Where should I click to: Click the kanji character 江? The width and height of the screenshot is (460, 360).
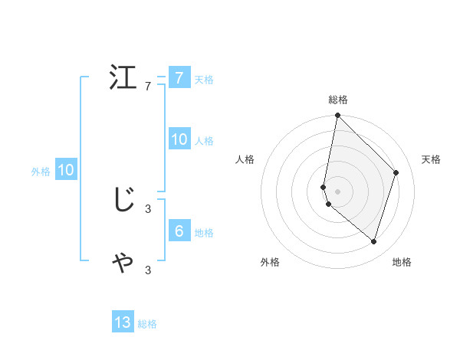pyautogui.click(x=123, y=78)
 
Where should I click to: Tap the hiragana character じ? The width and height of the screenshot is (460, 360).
pyautogui.click(x=123, y=200)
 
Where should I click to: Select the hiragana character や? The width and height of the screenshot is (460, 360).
pyautogui.click(x=123, y=262)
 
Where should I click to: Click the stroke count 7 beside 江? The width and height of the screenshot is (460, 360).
pyautogui.click(x=148, y=86)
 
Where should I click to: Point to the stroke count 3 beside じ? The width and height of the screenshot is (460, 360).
pyautogui.click(x=148, y=208)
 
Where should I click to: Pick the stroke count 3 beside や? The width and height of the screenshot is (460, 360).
pyautogui.click(x=148, y=270)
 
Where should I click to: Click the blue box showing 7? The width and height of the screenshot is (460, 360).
pyautogui.click(x=179, y=78)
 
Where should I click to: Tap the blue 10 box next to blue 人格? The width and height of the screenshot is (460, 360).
pyautogui.click(x=179, y=139)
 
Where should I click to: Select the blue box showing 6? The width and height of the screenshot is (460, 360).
pyautogui.click(x=179, y=231)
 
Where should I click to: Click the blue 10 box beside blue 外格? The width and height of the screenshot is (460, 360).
pyautogui.click(x=65, y=170)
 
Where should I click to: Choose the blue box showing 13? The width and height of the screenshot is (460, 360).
pyautogui.click(x=123, y=322)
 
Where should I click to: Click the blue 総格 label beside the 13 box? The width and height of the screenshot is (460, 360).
pyautogui.click(x=147, y=324)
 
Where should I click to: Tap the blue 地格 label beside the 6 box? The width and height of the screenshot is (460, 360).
pyautogui.click(x=204, y=233)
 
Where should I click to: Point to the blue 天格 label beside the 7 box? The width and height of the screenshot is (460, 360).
pyautogui.click(x=204, y=80)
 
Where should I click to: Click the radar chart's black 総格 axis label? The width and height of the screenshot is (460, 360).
pyautogui.click(x=338, y=100)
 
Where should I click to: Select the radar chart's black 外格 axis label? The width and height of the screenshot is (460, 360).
pyautogui.click(x=270, y=262)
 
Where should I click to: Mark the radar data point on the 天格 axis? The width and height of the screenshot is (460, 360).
pyautogui.click(x=396, y=172)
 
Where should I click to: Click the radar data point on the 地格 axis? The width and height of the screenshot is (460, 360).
pyautogui.click(x=374, y=242)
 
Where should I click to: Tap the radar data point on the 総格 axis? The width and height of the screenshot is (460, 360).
pyautogui.click(x=338, y=116)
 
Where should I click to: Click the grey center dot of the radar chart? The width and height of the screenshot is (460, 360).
pyautogui.click(x=338, y=191)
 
